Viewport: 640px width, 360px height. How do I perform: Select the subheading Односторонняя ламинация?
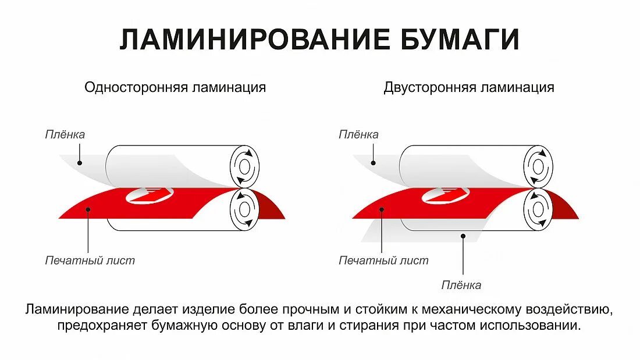175,87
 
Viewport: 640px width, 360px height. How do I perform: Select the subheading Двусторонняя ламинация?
469,87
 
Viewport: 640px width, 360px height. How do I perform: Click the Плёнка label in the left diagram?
65,134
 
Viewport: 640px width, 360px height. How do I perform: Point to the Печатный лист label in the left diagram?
90,261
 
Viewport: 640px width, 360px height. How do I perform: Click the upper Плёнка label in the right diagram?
359,134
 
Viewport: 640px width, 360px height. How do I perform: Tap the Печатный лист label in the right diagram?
384,261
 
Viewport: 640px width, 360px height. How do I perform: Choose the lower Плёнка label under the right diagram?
461,285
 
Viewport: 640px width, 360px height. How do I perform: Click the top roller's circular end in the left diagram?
245,167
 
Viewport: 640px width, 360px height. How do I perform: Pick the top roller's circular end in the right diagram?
538,167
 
